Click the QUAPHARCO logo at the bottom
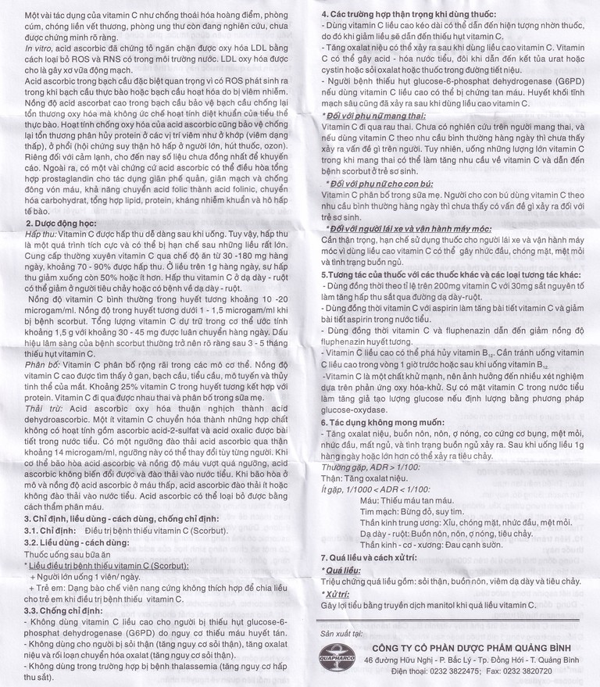tap(337, 655)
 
